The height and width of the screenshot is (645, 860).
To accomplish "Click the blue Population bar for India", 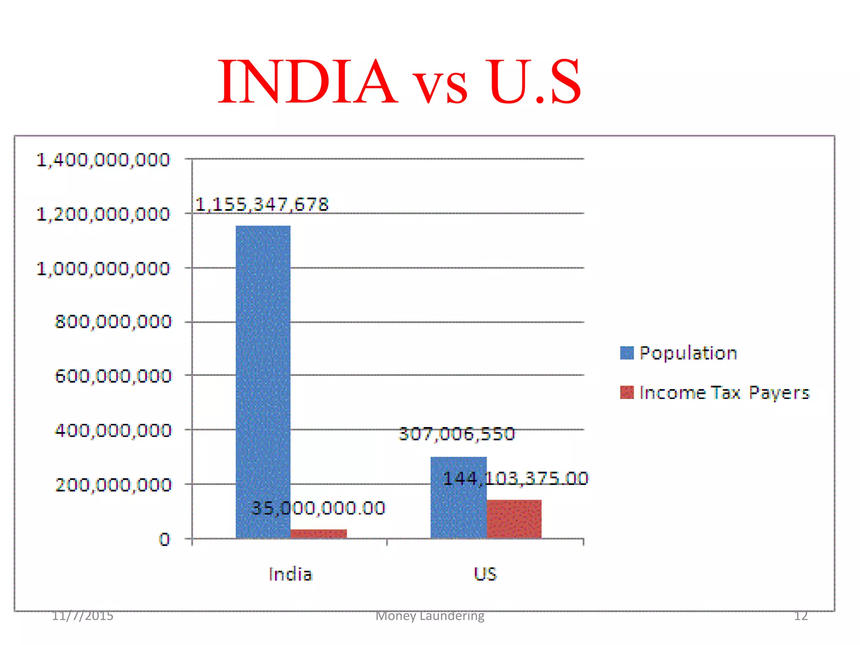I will (x=263, y=378).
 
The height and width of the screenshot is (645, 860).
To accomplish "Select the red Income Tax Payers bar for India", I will (x=319, y=534).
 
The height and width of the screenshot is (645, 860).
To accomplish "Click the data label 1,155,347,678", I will (x=262, y=205).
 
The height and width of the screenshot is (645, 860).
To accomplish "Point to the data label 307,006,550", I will (x=457, y=434).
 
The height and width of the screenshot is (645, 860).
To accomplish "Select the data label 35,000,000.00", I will (x=318, y=508).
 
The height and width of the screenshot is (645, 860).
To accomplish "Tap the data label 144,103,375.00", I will (x=516, y=478).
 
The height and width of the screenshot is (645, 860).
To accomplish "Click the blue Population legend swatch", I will (x=627, y=353).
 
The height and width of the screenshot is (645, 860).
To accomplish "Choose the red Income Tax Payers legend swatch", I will (x=627, y=393).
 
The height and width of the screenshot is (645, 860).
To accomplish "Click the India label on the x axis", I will (x=291, y=574).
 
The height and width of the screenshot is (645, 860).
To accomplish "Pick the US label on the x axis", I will (x=485, y=574).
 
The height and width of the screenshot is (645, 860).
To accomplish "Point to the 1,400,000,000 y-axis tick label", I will (x=103, y=160).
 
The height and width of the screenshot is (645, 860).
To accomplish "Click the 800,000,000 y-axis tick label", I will (x=113, y=322).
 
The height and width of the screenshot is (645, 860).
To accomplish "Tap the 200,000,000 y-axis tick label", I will (x=113, y=485).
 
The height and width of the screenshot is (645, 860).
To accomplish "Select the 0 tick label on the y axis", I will (x=165, y=539).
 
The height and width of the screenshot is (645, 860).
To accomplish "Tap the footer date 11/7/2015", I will (x=83, y=616).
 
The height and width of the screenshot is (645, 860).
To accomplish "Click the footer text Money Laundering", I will (x=430, y=616).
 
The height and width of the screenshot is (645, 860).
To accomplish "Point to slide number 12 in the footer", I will (x=801, y=616).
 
